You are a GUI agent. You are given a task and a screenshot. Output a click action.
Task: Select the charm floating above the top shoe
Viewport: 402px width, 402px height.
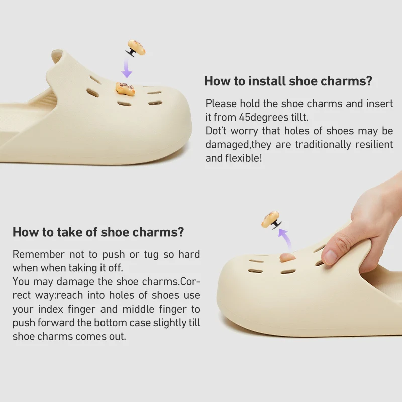pos(135,48)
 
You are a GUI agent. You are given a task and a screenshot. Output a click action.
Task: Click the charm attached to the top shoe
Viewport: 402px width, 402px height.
pos(125,89)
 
